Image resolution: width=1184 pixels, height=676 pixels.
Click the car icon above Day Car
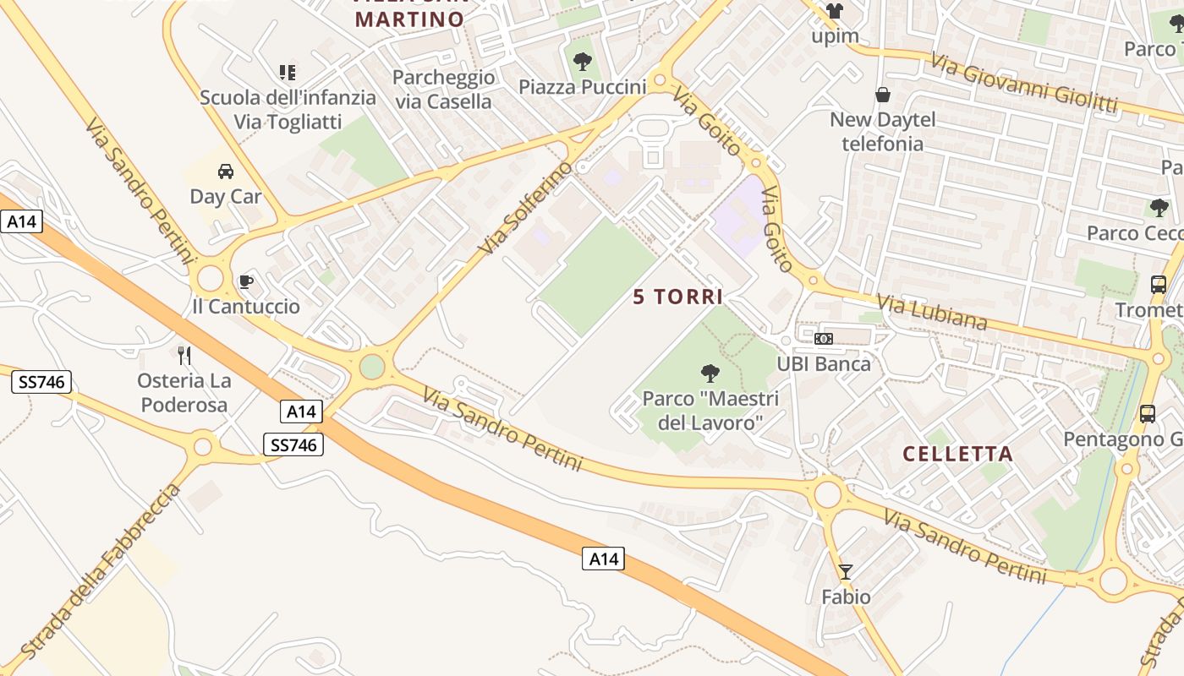coord(226,172)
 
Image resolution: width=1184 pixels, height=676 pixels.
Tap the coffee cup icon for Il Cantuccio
coord(246,281)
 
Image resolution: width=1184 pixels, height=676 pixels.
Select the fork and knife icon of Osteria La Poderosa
coord(184,355)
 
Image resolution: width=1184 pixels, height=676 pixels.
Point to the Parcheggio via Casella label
coord(444,90)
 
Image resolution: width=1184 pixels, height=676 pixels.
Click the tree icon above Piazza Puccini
coord(582,61)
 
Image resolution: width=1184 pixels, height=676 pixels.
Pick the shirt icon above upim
coord(835,11)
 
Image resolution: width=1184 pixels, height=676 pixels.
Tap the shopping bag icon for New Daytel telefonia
coord(883,95)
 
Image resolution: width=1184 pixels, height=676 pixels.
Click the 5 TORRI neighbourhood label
coord(678,297)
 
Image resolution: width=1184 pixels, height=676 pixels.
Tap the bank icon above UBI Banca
coord(823,339)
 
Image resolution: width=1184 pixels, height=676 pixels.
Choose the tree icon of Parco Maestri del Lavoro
coord(710,373)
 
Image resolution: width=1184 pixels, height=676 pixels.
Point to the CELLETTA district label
coord(957,454)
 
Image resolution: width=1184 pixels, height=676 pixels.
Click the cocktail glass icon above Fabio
coord(845,572)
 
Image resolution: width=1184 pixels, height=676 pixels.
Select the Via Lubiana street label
coord(931,312)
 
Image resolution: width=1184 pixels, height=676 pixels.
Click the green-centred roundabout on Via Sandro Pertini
coord(371,367)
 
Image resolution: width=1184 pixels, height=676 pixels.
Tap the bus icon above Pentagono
coord(1148,414)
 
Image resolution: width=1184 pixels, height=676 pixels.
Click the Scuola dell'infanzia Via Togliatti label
coord(288,110)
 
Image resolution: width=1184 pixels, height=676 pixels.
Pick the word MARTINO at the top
coord(409,19)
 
